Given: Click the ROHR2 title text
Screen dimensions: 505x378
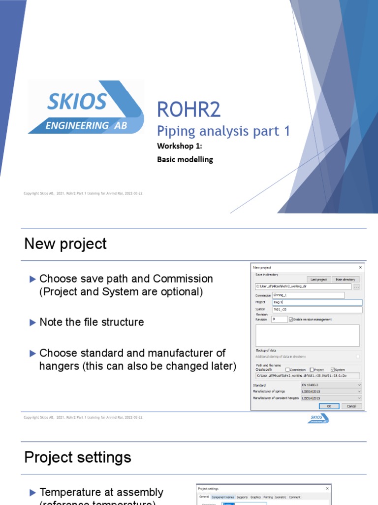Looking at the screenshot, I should (x=189, y=110).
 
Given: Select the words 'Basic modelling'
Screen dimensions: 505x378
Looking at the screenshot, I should (x=185, y=160).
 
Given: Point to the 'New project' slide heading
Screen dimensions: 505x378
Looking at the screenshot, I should (x=65, y=244).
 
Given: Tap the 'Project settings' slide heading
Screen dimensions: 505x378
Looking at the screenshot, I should (x=78, y=457).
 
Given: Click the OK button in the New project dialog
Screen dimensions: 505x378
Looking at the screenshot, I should (x=329, y=406).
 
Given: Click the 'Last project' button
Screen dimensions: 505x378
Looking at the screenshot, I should (x=318, y=279).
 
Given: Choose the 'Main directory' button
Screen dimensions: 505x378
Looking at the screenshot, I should (x=346, y=279).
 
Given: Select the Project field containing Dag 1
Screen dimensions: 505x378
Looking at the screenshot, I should (x=317, y=302).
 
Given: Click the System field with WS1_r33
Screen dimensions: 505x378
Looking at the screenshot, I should (x=317, y=310).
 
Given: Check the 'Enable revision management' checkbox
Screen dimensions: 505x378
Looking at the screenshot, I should (x=291, y=319).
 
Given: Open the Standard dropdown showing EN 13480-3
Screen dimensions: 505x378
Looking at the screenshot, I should (x=331, y=385).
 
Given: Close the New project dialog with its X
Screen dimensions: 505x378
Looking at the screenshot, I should (x=360, y=267).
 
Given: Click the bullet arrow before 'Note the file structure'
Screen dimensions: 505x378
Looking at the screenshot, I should (x=33, y=323).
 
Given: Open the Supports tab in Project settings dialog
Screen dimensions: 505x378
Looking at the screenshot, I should (x=241, y=497).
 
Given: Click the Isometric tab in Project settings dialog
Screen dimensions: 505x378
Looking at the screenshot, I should (x=281, y=497).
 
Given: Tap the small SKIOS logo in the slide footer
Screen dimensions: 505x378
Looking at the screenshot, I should (x=319, y=418).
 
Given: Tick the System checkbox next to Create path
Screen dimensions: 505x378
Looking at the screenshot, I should (x=333, y=369).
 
